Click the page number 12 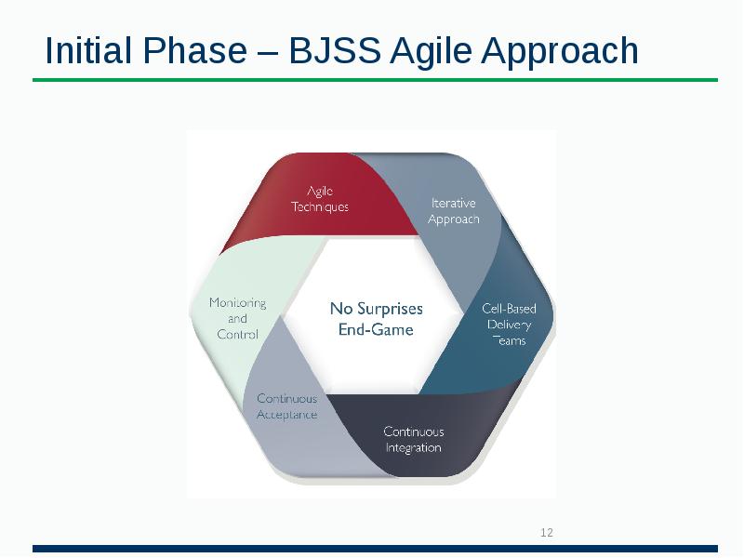pyautogui.click(x=547, y=533)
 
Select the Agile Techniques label pyautogui.click(x=320, y=199)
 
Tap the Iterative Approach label pyautogui.click(x=453, y=211)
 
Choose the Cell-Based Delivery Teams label pyautogui.click(x=509, y=324)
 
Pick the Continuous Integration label pyautogui.click(x=414, y=439)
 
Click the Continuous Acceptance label pyautogui.click(x=286, y=406)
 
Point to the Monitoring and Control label pyautogui.click(x=237, y=318)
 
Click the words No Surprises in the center pyautogui.click(x=376, y=309)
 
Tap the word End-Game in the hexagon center pyautogui.click(x=376, y=329)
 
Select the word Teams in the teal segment pyautogui.click(x=509, y=340)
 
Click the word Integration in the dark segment pyautogui.click(x=414, y=447)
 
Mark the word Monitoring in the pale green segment pyautogui.click(x=237, y=302)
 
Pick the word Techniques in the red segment pyautogui.click(x=320, y=206)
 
